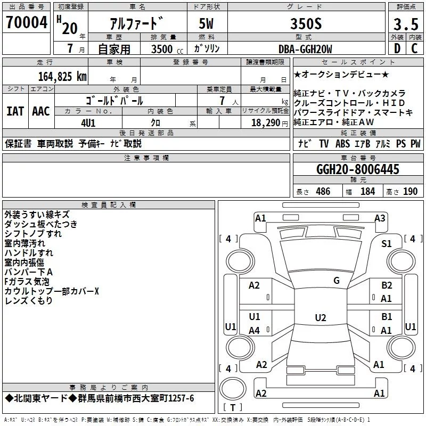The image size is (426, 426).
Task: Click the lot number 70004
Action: [x=26, y=22]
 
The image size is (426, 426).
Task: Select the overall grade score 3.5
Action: [x=406, y=24]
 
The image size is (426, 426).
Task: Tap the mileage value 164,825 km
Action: [x=62, y=77]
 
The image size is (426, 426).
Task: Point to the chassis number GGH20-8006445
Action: [x=358, y=169]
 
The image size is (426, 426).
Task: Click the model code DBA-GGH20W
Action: [x=305, y=49]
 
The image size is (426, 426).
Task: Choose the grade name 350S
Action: [x=306, y=23]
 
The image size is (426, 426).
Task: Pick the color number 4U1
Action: [x=88, y=123]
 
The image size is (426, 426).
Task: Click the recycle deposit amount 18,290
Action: [x=266, y=123]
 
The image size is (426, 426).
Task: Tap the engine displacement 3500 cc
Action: [x=167, y=49]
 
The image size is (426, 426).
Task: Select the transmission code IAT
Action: [x=15, y=111]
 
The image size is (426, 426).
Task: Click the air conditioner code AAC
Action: [x=41, y=111]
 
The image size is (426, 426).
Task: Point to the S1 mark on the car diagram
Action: [x=387, y=244]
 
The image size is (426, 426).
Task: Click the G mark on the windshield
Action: [x=337, y=281]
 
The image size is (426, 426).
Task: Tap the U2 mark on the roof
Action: [x=321, y=317]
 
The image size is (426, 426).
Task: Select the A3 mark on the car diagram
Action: [x=380, y=218]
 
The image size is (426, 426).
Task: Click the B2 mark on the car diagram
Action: [x=387, y=285]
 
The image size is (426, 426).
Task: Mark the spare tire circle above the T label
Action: [x=233, y=388]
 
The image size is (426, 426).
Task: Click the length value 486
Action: [x=323, y=191]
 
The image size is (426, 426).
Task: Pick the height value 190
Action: [x=410, y=191]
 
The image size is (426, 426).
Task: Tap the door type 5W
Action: [x=206, y=23]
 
